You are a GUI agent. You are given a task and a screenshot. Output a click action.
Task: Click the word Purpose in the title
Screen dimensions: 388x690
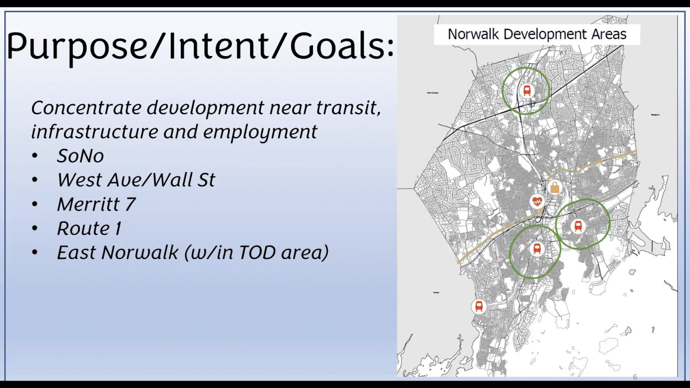click(x=78, y=47)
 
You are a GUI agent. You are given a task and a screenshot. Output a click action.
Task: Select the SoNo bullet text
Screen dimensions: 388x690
click(x=80, y=156)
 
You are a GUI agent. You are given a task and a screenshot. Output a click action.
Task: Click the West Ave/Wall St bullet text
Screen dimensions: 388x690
click(x=136, y=180)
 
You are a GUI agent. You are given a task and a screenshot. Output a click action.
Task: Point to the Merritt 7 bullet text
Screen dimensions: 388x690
click(x=96, y=204)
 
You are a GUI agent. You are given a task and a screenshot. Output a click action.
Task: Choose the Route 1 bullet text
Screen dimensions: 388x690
click(x=89, y=228)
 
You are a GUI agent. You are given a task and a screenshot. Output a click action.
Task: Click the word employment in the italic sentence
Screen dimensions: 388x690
click(x=260, y=132)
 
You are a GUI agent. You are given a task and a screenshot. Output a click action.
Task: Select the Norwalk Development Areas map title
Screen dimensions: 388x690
click(x=536, y=34)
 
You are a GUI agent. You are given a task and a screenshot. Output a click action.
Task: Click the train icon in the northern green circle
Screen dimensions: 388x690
click(x=527, y=91)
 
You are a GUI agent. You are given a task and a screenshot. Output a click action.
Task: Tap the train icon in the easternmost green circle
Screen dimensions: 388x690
click(x=578, y=225)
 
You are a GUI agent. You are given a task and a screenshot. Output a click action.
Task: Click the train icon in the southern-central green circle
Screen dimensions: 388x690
click(x=537, y=248)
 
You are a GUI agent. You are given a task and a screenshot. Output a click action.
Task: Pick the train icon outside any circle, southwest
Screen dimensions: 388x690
click(x=479, y=306)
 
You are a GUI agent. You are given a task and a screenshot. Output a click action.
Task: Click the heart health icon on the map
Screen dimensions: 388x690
click(x=537, y=201)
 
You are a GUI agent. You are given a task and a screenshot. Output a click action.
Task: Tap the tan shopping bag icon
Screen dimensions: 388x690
click(x=555, y=188)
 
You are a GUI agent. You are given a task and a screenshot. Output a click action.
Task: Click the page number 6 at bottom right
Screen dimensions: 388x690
click(x=635, y=377)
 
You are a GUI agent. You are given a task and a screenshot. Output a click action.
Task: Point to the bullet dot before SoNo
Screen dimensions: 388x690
click(x=34, y=156)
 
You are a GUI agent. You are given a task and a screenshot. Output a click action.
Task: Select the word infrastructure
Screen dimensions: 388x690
click(x=94, y=132)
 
